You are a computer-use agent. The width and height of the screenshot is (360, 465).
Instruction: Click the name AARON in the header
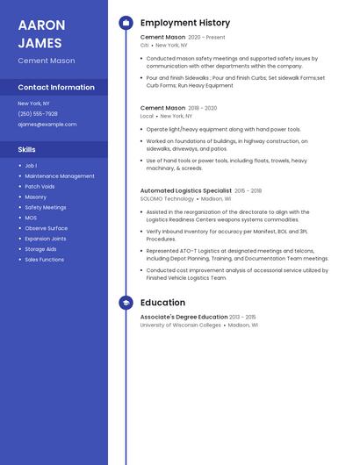(41, 25)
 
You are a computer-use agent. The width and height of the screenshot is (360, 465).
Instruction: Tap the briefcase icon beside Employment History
(126, 23)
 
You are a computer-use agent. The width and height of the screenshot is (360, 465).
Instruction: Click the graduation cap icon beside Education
(126, 303)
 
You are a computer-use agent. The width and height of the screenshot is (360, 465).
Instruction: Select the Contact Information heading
(56, 87)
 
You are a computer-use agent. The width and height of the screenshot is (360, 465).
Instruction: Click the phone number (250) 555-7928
(38, 113)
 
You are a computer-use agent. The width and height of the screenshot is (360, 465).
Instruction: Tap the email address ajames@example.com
(47, 124)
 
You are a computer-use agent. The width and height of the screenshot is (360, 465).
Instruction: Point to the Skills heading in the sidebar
(27, 149)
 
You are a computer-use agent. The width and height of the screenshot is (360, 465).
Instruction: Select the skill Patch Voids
(40, 186)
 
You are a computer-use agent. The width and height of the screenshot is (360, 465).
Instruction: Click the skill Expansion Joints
(46, 239)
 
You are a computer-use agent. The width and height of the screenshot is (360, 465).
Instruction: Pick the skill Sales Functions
(44, 260)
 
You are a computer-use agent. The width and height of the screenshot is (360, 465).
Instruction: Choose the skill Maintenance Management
(60, 175)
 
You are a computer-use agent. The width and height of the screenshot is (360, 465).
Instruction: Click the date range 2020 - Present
(206, 38)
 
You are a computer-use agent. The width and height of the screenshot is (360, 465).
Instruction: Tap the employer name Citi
(145, 45)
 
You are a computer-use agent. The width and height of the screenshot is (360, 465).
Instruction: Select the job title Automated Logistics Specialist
(186, 190)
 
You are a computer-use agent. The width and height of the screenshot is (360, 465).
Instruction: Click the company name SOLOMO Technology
(167, 198)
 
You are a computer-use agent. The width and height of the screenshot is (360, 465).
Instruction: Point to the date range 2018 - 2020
(202, 108)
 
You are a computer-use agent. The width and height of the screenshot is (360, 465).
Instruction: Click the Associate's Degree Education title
(184, 317)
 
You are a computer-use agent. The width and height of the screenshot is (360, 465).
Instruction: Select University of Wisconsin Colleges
(181, 325)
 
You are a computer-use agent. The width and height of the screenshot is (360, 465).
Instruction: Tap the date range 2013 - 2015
(242, 317)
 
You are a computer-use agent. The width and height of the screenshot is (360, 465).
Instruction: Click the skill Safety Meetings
(46, 207)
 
